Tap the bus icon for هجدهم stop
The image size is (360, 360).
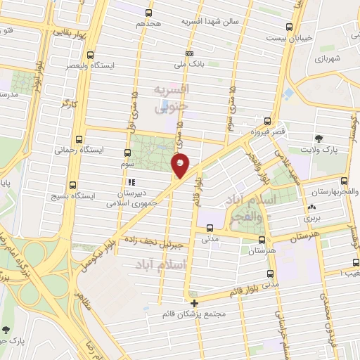tap(148, 13)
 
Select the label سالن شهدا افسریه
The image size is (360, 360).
tap(210, 21)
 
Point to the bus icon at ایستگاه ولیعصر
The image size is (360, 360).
tap(89, 55)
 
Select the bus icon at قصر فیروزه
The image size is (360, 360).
tap(268, 121)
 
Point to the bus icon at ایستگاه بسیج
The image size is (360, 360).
tap(75, 187)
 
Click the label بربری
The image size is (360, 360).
tap(311, 219)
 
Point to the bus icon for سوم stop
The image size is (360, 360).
tap(127, 153)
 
